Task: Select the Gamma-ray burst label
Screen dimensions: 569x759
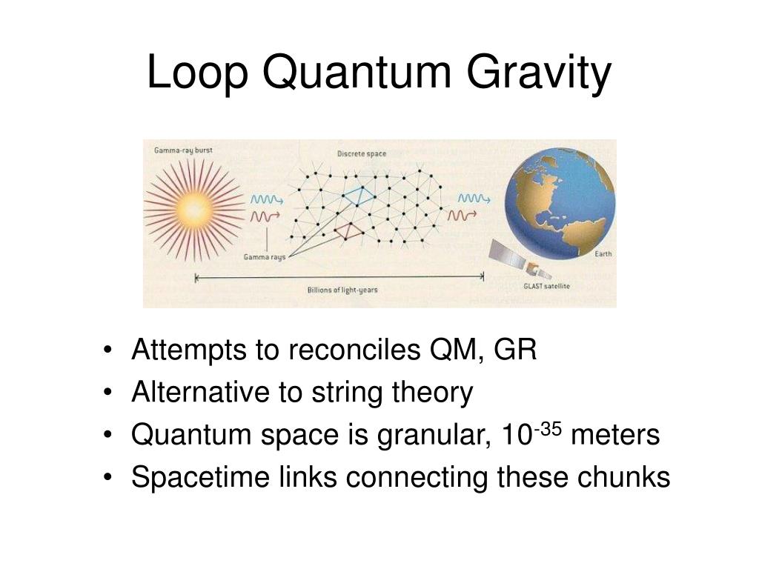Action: pyautogui.click(x=183, y=150)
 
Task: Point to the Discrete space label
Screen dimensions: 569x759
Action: pyautogui.click(x=362, y=153)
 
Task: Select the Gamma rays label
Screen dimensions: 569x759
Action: pyautogui.click(x=265, y=258)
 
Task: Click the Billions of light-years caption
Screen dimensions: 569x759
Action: pyautogui.click(x=342, y=290)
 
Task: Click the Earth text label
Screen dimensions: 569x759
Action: pyautogui.click(x=603, y=254)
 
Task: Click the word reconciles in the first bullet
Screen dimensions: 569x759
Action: pyautogui.click(x=348, y=350)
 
